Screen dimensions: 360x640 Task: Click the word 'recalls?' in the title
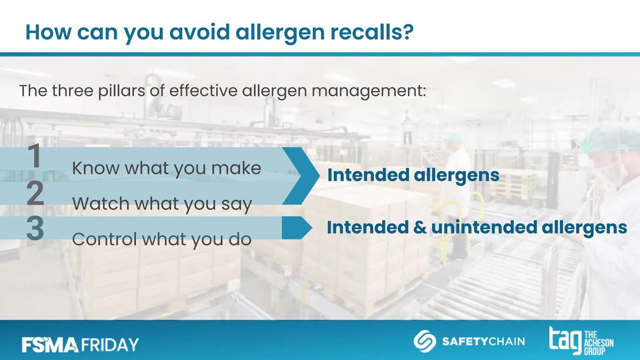point(372,32)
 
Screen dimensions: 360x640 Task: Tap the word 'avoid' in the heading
point(200,32)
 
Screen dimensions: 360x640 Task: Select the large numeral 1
point(34,156)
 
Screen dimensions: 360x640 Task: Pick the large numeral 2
point(35,193)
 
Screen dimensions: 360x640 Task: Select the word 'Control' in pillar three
point(104,239)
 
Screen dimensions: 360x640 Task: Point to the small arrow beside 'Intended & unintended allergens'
point(297,228)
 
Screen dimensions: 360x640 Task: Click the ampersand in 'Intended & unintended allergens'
point(420,227)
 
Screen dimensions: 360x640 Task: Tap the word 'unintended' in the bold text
point(484,227)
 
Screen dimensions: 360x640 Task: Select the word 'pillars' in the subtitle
point(122,91)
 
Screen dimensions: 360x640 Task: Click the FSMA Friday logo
point(80,345)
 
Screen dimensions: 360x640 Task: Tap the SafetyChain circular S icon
point(425,341)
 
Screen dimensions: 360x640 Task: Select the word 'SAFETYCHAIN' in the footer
point(483,342)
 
